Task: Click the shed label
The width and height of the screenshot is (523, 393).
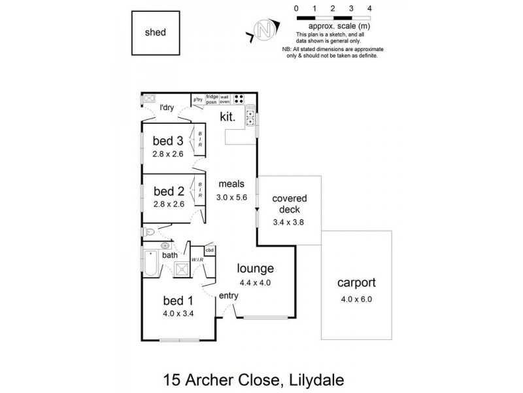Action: tap(154, 32)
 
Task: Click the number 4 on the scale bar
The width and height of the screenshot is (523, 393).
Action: tap(370, 8)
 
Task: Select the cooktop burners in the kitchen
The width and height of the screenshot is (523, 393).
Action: tap(240, 100)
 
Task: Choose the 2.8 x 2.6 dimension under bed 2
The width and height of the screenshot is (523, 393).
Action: tap(168, 204)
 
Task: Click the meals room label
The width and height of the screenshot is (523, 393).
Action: tap(231, 184)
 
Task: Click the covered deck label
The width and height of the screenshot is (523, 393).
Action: tap(290, 204)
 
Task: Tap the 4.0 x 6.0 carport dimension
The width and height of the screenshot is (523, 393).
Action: tap(356, 299)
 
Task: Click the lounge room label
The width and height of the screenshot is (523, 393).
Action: tap(255, 269)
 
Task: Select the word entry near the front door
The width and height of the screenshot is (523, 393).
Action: tap(228, 296)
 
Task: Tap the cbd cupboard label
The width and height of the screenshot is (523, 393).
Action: tap(210, 250)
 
